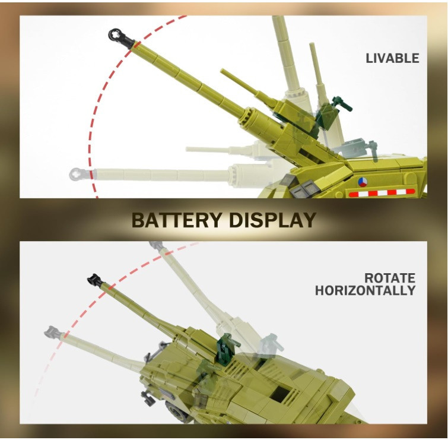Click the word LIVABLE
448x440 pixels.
click(392, 58)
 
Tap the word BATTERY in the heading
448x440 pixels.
click(177, 220)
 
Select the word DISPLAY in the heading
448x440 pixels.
click(272, 220)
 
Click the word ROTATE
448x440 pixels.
click(390, 278)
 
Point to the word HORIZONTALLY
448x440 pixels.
click(365, 290)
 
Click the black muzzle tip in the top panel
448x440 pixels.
click(120, 38)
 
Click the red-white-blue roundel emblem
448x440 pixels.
click(363, 182)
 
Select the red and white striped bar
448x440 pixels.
click(382, 193)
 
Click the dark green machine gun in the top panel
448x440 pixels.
click(342, 103)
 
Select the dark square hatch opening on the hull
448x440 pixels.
click(280, 393)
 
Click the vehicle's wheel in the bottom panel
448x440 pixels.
click(176, 411)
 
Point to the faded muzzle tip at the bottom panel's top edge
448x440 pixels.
click(156, 245)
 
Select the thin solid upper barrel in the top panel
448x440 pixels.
click(249, 87)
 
